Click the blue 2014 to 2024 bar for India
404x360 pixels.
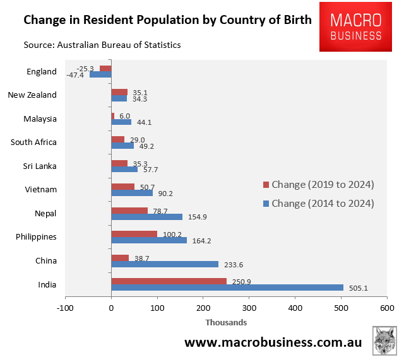[x=227, y=288]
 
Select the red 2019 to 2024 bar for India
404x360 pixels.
[x=169, y=281]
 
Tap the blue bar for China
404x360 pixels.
[x=165, y=265]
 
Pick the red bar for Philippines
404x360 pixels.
[x=134, y=234]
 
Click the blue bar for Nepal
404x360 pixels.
[x=146, y=217]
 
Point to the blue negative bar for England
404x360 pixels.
[x=100, y=74]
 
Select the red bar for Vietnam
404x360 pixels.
[x=122, y=187]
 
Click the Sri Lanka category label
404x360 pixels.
[x=39, y=166]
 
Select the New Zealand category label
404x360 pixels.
[x=32, y=95]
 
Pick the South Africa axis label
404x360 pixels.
[x=33, y=142]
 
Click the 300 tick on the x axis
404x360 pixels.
[x=249, y=308]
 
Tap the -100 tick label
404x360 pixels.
[x=64, y=308]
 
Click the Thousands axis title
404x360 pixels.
[x=225, y=322]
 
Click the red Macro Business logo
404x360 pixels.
[x=359, y=26]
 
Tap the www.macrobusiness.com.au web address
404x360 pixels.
[x=273, y=342]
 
